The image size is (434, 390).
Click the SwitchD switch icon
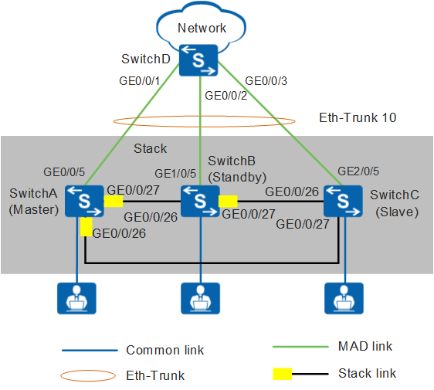coord(198,60)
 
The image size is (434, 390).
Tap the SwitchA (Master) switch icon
coord(84,201)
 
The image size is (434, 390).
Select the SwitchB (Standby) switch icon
coord(200,201)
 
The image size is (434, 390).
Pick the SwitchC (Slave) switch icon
coord(343,201)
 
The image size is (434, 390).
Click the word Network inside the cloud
coord(202,29)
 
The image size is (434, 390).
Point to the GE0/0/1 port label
coord(140,81)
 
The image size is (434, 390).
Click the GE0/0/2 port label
coord(225,96)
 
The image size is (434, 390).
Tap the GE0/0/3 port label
coord(266,81)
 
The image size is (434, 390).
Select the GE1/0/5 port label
coord(175,174)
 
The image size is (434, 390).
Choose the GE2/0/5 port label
coord(358,171)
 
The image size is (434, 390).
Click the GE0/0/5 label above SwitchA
coord(64,172)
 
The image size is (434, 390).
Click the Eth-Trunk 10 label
coord(358,117)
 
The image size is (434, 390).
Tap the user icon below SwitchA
coord(76,298)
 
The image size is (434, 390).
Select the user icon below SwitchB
coord(200,298)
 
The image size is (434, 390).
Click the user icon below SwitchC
coord(344,298)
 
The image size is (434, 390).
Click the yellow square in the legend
coord(283,374)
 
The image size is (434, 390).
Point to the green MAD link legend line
coord(300,347)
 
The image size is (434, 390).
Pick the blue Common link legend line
coord(90,351)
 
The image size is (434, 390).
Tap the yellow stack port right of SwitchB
coord(228,202)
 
